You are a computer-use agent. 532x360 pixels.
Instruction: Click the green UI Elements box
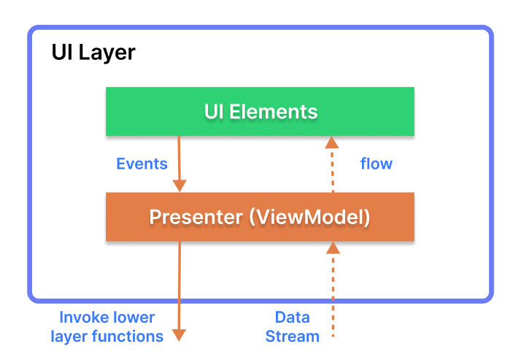(260, 112)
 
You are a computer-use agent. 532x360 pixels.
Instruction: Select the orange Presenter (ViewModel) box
(260, 217)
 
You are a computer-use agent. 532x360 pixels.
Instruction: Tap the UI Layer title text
(93, 53)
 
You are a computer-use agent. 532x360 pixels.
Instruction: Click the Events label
(142, 164)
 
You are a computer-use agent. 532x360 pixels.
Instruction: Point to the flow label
(376, 164)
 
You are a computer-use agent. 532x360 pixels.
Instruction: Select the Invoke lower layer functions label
(107, 327)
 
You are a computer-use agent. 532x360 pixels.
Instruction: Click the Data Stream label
(292, 327)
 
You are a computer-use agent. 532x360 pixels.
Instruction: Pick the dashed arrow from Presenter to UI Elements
(333, 166)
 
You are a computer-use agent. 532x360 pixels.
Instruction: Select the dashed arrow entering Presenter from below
(333, 292)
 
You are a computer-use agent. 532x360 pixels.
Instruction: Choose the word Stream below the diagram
(292, 337)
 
